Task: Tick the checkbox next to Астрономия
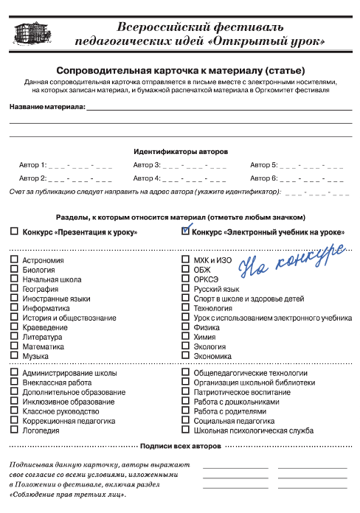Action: point(14,260)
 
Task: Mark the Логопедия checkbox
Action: point(14,430)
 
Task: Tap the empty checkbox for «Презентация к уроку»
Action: point(14,232)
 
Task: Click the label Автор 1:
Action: point(32,165)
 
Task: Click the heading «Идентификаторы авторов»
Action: point(180,150)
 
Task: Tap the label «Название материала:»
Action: point(46,107)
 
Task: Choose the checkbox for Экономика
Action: point(186,356)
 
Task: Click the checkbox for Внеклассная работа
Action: point(14,383)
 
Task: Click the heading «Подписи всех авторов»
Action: point(180,447)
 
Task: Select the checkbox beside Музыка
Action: point(14,356)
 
